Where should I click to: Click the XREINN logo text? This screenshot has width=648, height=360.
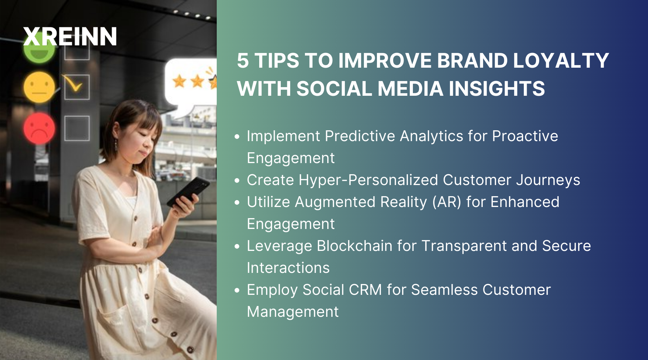[x=70, y=37]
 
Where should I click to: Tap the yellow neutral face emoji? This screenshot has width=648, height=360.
[x=39, y=87]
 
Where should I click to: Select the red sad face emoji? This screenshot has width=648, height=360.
[x=39, y=128]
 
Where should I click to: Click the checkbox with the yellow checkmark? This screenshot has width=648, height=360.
[x=77, y=87]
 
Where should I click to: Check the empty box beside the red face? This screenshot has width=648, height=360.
[x=77, y=128]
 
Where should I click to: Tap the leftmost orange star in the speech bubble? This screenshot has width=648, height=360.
[x=179, y=81]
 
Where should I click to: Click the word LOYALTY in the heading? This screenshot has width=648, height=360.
[x=561, y=60]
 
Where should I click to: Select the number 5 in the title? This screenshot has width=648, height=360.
[x=243, y=60]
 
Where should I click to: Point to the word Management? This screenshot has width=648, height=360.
[x=293, y=312]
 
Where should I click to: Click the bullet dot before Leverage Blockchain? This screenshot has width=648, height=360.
[x=237, y=247]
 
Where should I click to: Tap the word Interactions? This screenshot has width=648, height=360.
[x=288, y=268]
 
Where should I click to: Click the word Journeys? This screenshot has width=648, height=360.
[x=548, y=180]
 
